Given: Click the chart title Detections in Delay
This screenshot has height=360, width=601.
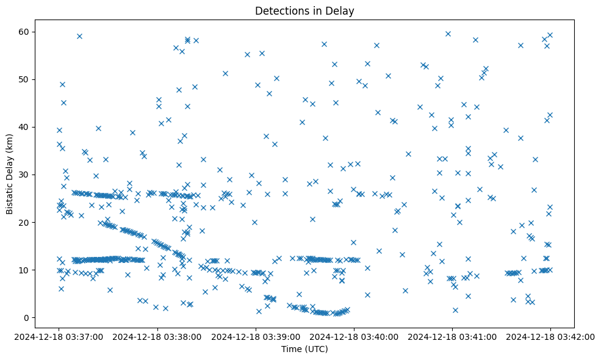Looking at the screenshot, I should [304, 10].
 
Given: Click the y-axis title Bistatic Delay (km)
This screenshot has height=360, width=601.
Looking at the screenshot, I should [9, 168].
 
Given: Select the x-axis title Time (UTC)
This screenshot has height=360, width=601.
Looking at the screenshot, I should [304, 349].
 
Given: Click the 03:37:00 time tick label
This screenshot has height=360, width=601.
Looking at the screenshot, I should [59, 336].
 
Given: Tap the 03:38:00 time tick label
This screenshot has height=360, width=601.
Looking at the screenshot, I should [157, 336].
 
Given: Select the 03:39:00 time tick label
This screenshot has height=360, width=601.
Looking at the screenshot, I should [256, 336].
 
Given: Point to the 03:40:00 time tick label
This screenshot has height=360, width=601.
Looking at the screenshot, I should [354, 336].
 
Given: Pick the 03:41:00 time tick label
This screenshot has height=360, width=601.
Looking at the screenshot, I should [452, 336].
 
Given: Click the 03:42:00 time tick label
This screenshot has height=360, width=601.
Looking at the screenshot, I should [550, 336].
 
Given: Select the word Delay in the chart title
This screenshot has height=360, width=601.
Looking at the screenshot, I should [342, 10].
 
